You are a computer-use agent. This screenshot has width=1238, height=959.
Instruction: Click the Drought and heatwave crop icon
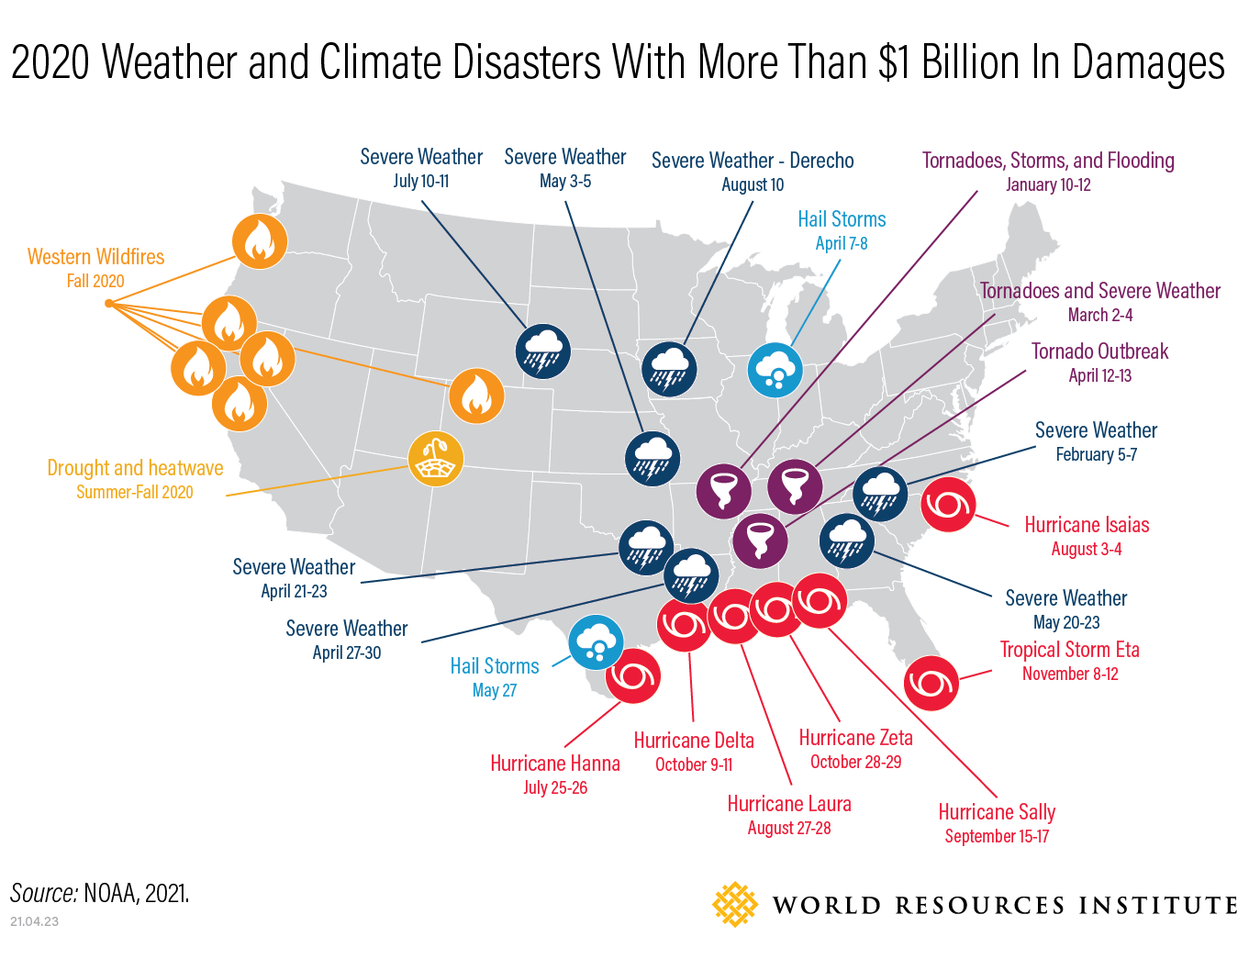point(436,459)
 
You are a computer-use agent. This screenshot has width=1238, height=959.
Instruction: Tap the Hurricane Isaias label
point(1087,525)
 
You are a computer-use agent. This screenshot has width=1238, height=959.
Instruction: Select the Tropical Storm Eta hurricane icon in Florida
point(931,684)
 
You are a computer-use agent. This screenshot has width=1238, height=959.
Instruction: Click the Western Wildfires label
point(95,257)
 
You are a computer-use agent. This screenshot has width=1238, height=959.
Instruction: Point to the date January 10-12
point(1048,184)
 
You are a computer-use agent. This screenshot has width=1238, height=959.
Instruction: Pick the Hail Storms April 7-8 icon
point(775,371)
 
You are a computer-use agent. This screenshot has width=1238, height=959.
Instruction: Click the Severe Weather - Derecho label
point(753,161)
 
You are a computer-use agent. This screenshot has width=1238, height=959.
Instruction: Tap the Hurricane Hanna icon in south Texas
point(633,676)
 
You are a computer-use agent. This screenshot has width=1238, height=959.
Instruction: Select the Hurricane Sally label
point(997,812)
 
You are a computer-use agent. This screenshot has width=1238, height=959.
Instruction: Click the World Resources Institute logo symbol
point(735,904)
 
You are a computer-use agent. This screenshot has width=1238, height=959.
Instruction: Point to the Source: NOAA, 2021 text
point(100,893)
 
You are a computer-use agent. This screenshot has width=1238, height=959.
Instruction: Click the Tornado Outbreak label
point(1099,351)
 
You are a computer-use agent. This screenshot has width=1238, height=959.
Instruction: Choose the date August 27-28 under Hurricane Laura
point(789,828)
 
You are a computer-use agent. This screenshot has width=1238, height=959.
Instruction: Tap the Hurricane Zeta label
point(855,738)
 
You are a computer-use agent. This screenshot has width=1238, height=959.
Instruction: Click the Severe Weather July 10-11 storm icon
point(543,351)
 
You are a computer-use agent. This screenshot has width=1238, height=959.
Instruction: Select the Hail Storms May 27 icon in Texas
point(597,642)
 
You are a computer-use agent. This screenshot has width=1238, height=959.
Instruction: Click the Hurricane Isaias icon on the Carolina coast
point(948,505)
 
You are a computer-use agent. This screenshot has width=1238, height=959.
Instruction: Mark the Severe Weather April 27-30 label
point(346,629)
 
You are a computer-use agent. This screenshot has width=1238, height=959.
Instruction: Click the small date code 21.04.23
point(34,921)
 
